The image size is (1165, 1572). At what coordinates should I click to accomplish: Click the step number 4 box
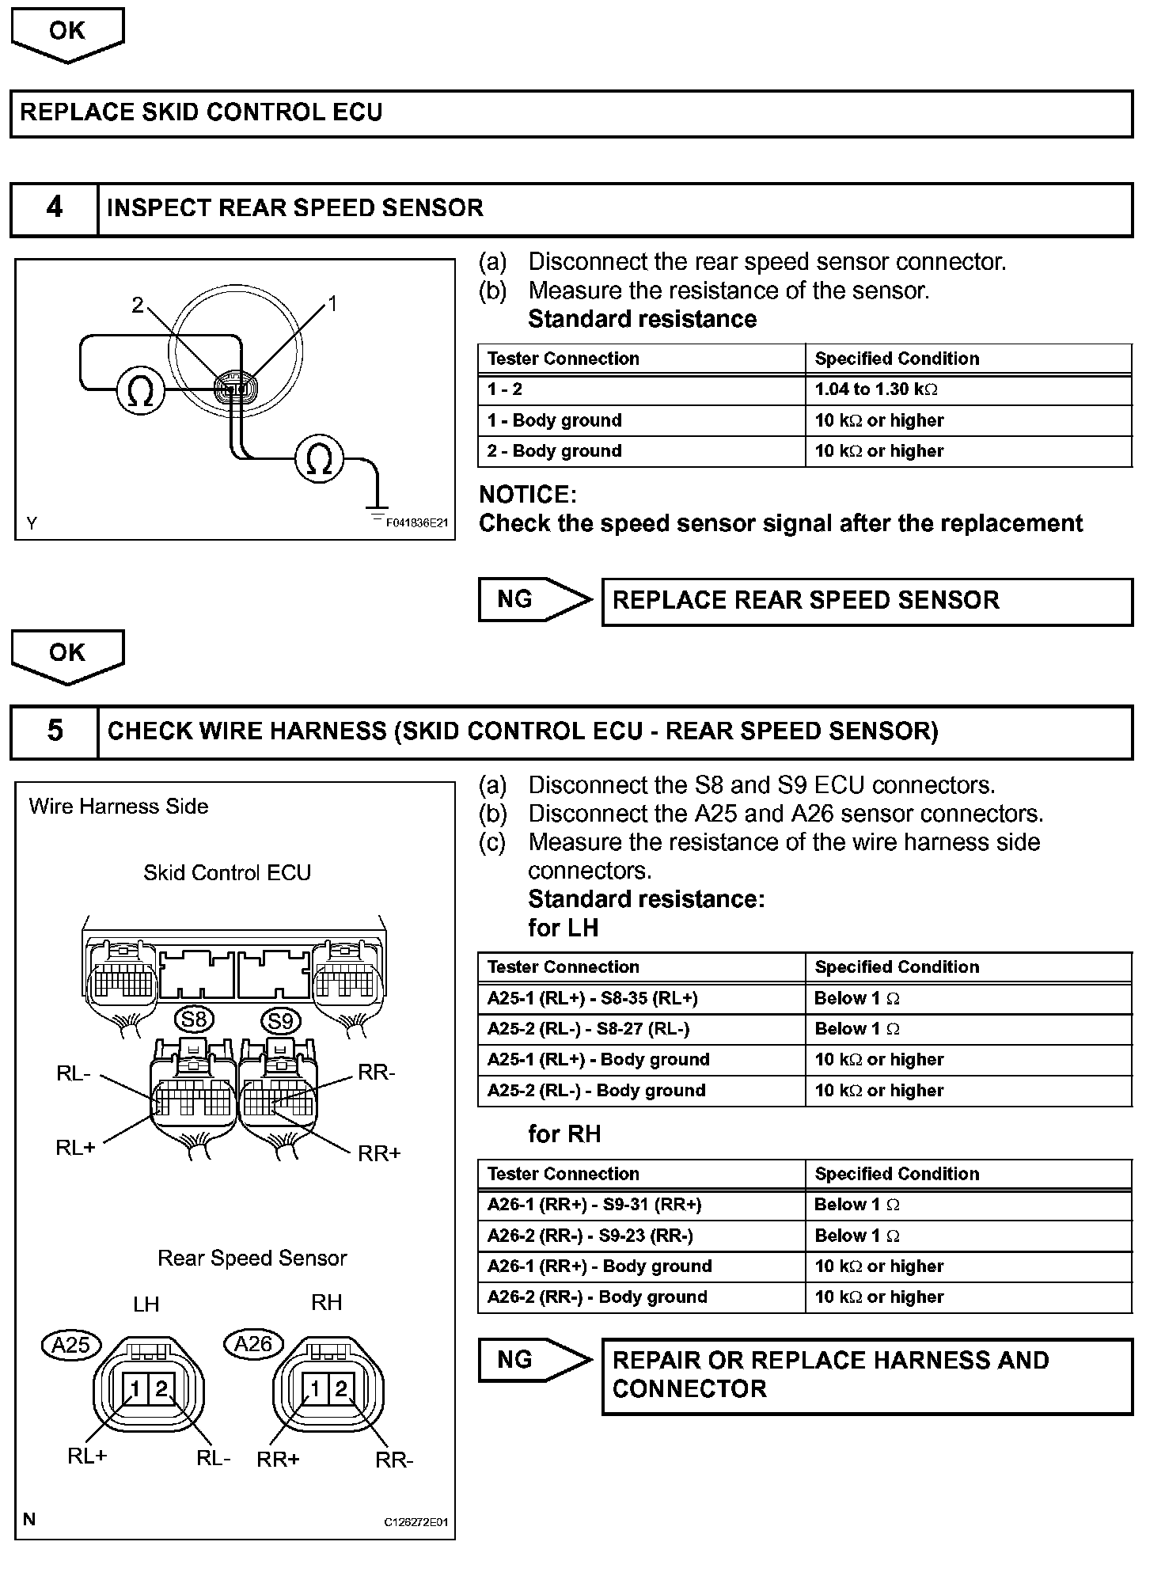click(x=54, y=209)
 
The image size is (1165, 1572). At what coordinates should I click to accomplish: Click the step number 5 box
click(x=54, y=731)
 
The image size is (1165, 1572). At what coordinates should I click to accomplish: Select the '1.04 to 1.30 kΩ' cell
click(x=968, y=389)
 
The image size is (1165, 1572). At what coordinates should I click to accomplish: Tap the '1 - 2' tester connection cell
click(x=641, y=389)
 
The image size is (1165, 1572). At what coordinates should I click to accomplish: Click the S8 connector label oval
click(x=194, y=1020)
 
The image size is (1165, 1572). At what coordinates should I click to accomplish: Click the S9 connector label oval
click(x=281, y=1021)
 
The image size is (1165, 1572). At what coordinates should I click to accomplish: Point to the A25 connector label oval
click(x=71, y=1345)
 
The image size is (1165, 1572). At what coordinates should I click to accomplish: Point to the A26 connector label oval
click(x=253, y=1344)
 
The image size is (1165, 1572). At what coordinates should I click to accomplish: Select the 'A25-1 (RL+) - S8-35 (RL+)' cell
click(x=641, y=998)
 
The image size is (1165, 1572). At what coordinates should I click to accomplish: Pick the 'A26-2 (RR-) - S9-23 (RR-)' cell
click(x=641, y=1236)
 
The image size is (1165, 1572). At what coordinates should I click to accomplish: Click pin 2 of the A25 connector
click(x=162, y=1389)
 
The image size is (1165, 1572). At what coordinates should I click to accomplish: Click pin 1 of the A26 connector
click(x=315, y=1389)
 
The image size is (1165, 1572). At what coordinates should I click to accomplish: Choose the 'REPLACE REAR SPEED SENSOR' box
click(x=867, y=602)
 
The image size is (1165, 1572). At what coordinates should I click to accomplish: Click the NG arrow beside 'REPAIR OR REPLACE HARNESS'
click(x=533, y=1360)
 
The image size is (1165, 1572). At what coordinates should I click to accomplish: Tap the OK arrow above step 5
click(x=67, y=655)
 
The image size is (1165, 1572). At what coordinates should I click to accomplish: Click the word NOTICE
click(x=528, y=496)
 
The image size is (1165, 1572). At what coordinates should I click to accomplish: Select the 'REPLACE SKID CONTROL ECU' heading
click(x=201, y=112)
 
